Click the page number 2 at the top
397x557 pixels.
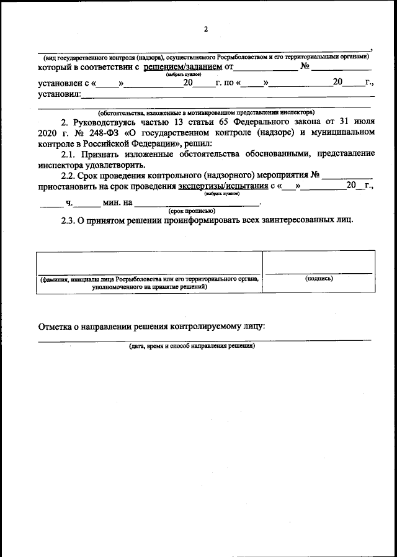pyautogui.click(x=206, y=29)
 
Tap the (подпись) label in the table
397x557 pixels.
pyautogui.click(x=319, y=279)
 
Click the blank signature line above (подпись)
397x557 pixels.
pyautogui.click(x=319, y=272)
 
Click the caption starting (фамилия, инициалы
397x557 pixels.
pyautogui.click(x=149, y=279)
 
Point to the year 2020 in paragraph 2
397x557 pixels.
pyautogui.click(x=48, y=132)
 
